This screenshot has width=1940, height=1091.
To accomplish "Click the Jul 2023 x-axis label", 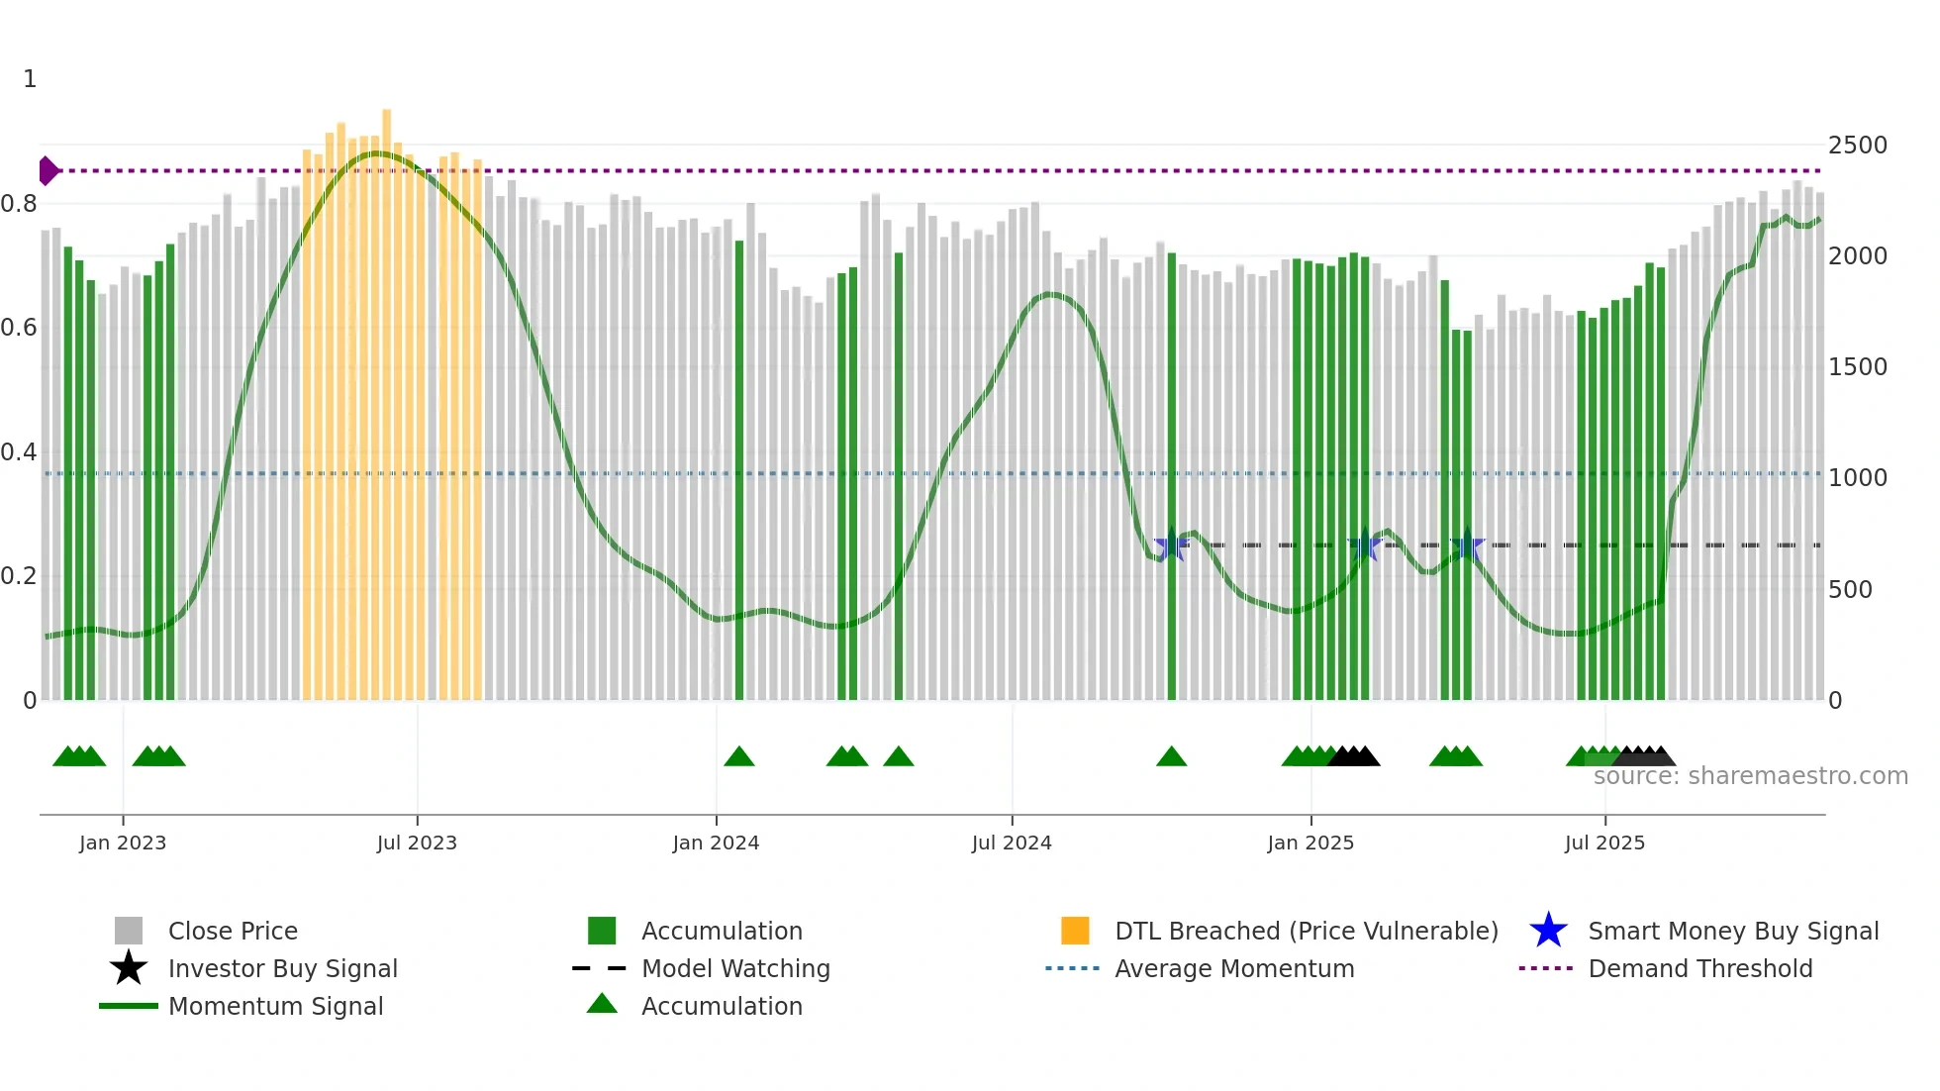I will pos(417,843).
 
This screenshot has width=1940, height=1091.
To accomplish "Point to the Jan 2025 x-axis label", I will pos(1310,843).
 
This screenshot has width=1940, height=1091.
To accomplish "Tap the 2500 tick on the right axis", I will pos(1857,146).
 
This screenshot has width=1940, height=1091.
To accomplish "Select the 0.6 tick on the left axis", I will pos(19,328).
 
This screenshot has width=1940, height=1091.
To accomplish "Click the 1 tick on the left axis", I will pos(30,79).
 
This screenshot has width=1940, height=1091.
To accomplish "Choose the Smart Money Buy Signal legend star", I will pos(1548,931).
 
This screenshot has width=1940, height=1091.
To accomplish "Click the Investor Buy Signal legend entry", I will pos(282,968).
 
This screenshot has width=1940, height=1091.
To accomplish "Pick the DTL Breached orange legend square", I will pos(1075,931).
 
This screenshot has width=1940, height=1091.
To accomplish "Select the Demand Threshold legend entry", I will pos(1699,968).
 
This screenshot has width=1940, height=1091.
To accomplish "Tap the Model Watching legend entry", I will pos(734,968).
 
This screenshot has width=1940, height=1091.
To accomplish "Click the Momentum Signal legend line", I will pos(129,1006).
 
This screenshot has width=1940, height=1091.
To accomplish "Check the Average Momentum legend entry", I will pos(1233,968).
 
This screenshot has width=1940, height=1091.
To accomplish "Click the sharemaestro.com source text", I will pos(1750,776).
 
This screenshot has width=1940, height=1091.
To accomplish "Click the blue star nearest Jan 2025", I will pos(1365,545).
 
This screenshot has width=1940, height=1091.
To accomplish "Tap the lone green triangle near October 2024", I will pos(1171,757).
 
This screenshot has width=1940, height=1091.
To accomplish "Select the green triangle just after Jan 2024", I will pos(739,757).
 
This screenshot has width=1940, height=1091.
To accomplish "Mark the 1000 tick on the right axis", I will pos(1857,478).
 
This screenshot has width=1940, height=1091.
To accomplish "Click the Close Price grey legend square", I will pos(129,931).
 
